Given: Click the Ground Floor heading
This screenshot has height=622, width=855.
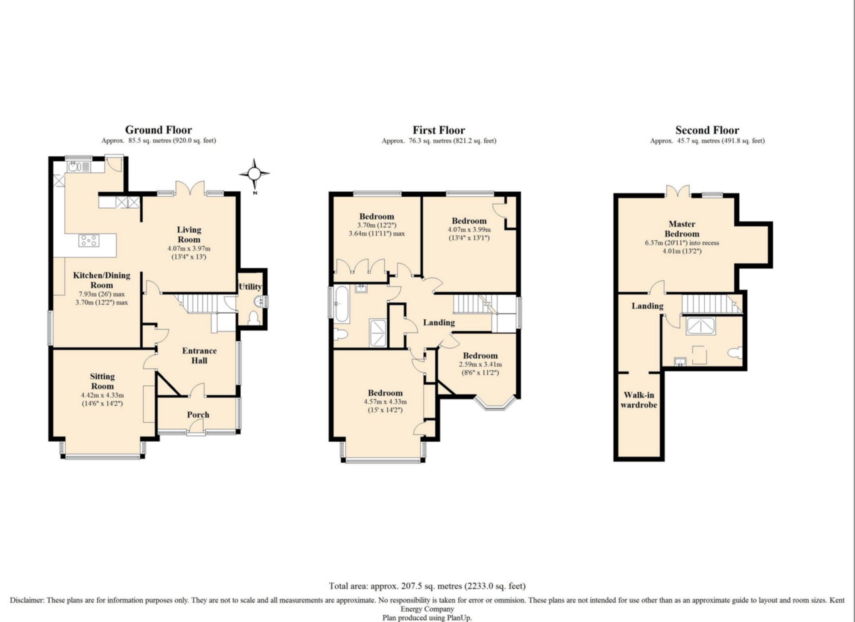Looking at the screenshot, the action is tap(158, 130).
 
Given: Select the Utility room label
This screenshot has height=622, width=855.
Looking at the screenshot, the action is tap(250, 287).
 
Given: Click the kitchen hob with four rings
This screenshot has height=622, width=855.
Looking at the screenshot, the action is tap(89, 241).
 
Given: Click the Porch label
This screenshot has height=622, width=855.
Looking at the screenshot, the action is tap(198, 415).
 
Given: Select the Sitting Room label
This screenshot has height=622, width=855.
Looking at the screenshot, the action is tap(102, 381).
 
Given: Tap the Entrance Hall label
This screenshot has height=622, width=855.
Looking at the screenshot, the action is tap(199, 356).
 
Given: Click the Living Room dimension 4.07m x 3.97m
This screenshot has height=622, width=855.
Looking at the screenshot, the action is tap(189, 248).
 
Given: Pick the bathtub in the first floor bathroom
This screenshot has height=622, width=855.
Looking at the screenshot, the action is tap(341, 304).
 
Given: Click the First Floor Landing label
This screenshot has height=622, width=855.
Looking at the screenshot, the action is tap(439, 323).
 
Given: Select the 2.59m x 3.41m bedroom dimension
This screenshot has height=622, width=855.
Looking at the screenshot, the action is tap(480, 364).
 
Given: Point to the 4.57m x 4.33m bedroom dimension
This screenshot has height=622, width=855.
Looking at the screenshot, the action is tap(385, 402).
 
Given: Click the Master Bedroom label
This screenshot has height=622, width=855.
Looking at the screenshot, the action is tap(682, 229).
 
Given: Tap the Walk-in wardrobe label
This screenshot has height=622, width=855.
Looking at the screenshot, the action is tap(639, 400).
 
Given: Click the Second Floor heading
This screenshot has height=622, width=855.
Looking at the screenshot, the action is tap(707, 130).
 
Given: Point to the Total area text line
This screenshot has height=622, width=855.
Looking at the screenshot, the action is tap(427, 586).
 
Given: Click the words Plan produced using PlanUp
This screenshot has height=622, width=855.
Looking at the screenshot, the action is tap(427, 617).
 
